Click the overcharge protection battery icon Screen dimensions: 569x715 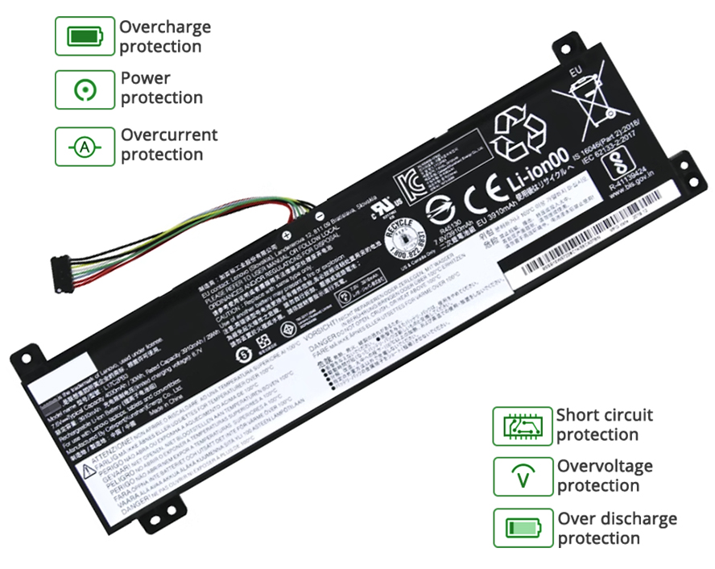85,36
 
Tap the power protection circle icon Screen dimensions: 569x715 85,89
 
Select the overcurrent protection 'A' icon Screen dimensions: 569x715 85,146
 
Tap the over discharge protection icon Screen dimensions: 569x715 522,529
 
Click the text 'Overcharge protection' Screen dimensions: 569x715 165,36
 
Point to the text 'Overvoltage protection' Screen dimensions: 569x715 605,476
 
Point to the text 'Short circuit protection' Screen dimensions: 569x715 604,425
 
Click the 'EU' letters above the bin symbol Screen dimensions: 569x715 575,72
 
